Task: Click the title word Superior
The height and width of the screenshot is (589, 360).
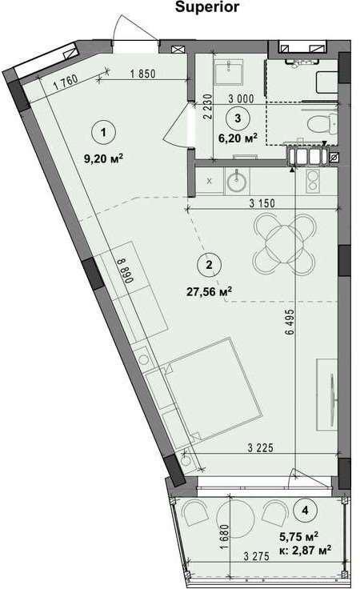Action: pos(207,6)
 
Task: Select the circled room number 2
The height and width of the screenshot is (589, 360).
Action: pos(208,262)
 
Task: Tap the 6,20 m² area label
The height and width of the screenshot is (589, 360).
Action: pos(238,138)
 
